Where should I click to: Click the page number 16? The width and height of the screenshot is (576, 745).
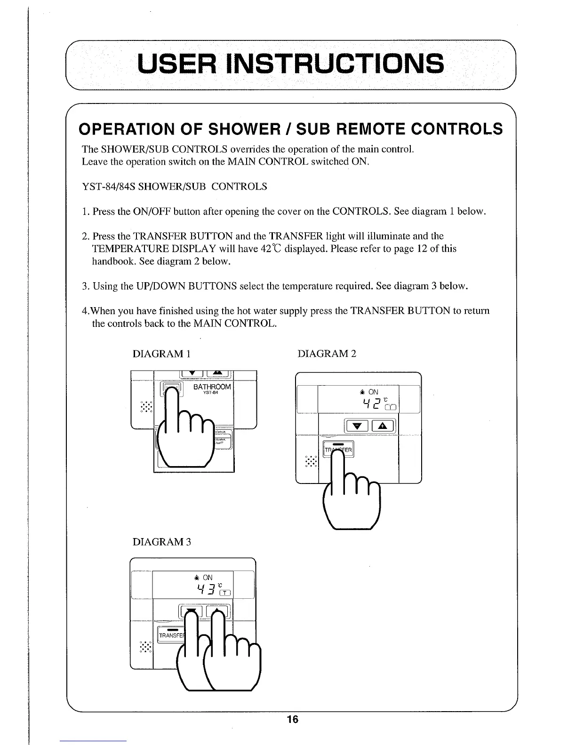pos(292,720)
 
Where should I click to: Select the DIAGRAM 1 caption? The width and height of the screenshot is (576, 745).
pos(161,354)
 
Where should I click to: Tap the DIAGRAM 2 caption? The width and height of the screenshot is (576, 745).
pos(327,354)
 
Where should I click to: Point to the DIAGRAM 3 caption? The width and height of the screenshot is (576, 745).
pos(161,542)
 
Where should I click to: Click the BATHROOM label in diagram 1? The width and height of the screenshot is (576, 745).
pos(212,387)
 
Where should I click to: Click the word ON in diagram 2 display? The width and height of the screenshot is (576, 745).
pos(373,392)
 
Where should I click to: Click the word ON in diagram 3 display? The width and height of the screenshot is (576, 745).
pos(208,578)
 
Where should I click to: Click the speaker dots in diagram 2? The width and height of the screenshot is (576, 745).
pos(311,461)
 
